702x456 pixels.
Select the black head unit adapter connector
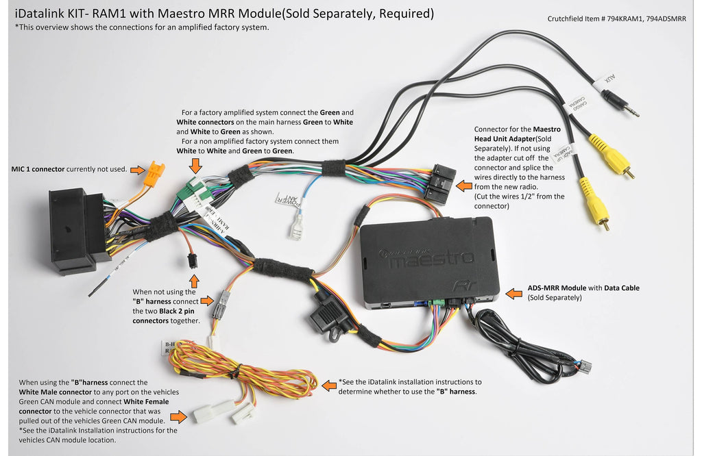pos(439,182)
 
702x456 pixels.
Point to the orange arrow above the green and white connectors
pos(195,164)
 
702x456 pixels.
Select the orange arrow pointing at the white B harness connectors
pos(178,416)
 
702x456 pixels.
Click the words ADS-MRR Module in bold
pos(555,288)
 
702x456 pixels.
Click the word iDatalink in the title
pos(38,13)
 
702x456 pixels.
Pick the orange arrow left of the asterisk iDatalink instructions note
pos(329,386)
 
